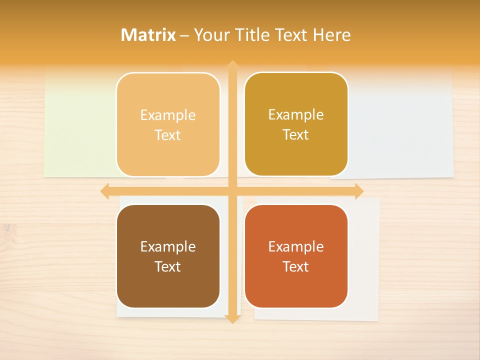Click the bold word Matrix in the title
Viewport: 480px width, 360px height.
148,35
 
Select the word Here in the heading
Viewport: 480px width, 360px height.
331,35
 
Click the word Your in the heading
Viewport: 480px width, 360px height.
211,35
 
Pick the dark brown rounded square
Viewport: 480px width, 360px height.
168,285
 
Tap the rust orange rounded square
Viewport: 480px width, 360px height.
296,285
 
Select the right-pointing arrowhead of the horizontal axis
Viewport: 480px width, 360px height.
358,191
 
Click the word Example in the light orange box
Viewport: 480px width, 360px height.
168,115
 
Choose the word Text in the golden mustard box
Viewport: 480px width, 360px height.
296,135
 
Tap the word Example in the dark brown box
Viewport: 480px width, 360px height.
168,246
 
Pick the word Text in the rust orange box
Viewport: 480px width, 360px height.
296,266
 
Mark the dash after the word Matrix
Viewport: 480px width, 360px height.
184,35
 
